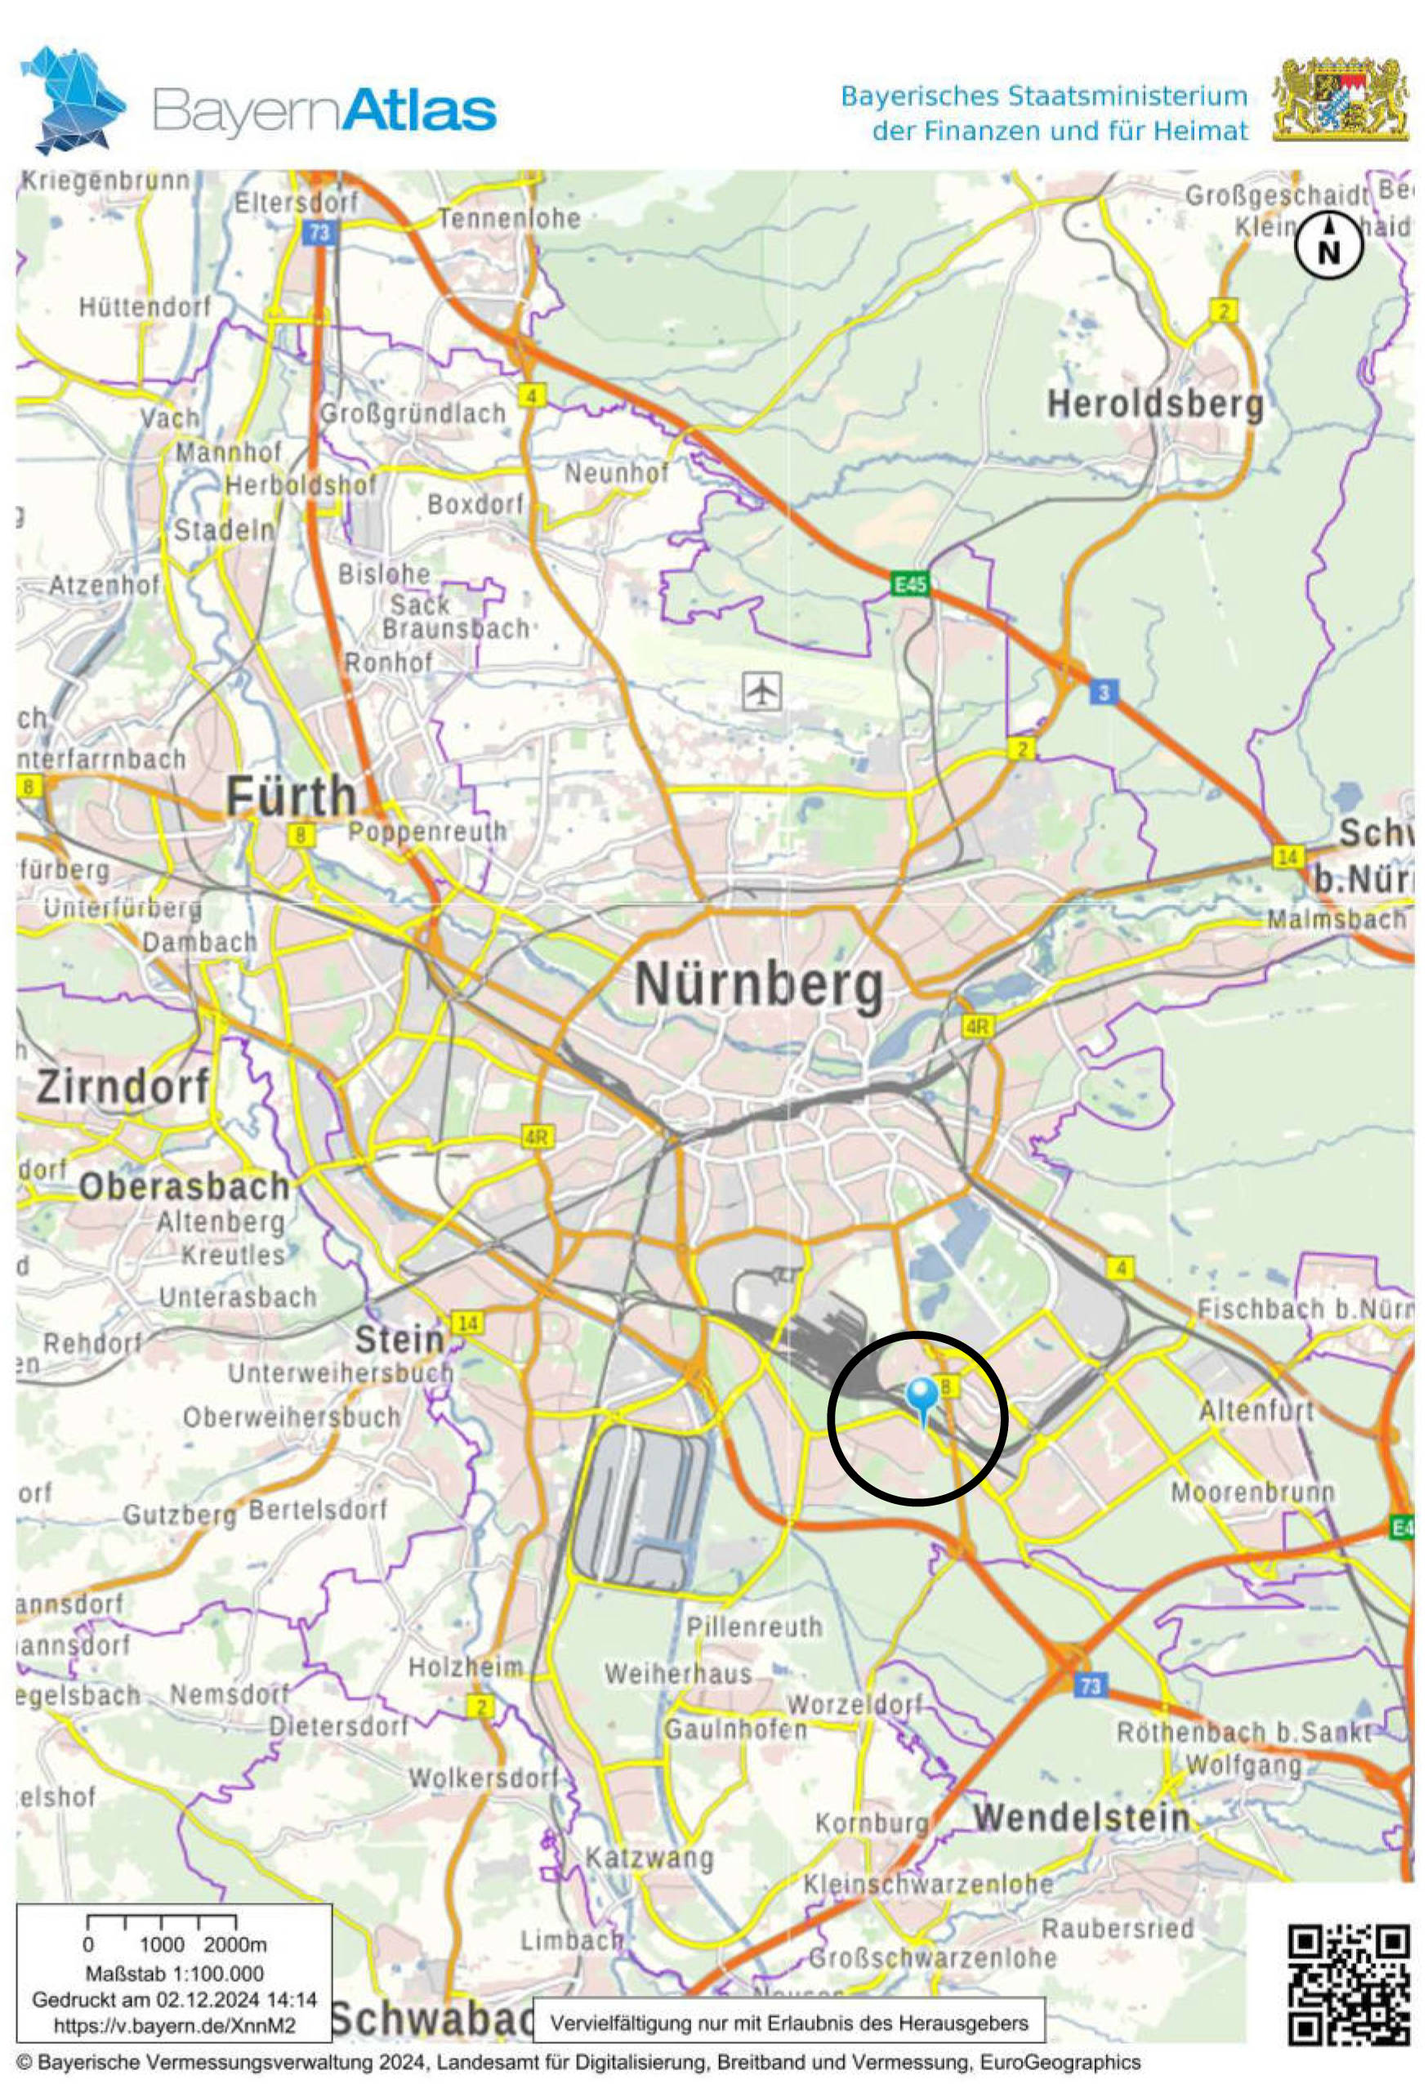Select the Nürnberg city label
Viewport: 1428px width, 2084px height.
[759, 984]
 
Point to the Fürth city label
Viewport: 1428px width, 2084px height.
[291, 797]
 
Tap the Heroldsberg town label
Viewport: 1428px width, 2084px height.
[1155, 405]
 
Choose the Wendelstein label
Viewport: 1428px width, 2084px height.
[1082, 1818]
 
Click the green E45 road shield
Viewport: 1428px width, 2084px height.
[910, 585]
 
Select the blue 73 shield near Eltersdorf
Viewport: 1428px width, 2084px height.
[319, 233]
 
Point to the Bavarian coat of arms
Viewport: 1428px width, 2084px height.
[1340, 100]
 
